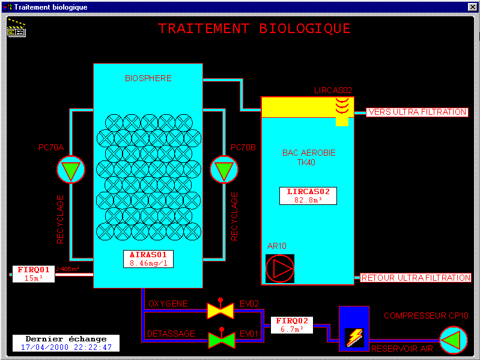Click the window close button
click(472, 7)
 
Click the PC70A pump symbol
click(71, 170)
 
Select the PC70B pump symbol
click(224, 170)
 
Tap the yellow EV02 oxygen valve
click(220, 310)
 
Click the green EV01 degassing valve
click(220, 340)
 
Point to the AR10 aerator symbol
click(280, 268)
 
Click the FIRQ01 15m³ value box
click(34, 273)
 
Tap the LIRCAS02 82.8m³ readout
click(308, 195)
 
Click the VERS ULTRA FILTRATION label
click(417, 112)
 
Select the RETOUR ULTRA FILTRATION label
click(416, 278)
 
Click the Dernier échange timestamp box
click(66, 343)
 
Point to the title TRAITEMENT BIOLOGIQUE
click(254, 29)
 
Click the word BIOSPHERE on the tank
click(148, 78)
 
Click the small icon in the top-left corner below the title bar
click(16, 28)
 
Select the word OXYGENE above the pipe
click(168, 304)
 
